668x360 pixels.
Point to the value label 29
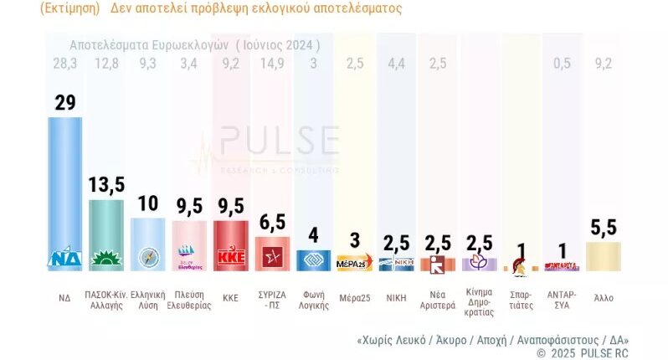[x=65, y=102]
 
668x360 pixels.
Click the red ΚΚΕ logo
[x=230, y=257]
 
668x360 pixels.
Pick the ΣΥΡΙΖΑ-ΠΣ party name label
[x=271, y=299]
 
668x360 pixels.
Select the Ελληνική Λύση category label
[x=147, y=299]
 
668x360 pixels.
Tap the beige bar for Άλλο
[x=603, y=256]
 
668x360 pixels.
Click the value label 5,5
[x=604, y=227]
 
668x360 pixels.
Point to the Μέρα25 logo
[x=354, y=264]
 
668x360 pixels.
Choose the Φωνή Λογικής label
[x=313, y=299]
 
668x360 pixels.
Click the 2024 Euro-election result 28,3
[x=64, y=63]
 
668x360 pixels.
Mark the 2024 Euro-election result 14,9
[x=272, y=63]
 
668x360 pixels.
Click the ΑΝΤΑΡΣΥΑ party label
[x=562, y=299]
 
